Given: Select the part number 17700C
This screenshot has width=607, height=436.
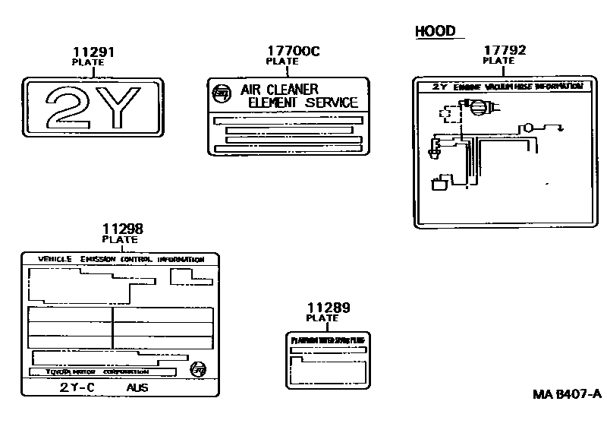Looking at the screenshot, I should (293, 51).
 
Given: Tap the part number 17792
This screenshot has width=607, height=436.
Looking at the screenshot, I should (505, 50).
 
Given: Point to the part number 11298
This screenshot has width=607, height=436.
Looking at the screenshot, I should (122, 228).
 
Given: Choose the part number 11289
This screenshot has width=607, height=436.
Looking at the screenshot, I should (329, 308).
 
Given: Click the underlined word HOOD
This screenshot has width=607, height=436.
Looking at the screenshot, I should (436, 31).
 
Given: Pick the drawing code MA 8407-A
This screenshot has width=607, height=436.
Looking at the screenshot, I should (566, 393).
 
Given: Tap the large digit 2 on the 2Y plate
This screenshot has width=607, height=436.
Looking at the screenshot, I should (68, 106).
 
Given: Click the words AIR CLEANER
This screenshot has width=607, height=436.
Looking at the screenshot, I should (279, 90).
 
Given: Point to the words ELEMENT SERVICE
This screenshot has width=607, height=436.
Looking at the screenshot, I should (303, 102).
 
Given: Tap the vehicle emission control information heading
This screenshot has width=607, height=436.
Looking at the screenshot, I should (121, 259).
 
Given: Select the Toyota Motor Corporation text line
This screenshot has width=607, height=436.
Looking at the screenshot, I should (96, 372).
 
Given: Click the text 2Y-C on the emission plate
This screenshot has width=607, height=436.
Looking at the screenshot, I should (77, 387).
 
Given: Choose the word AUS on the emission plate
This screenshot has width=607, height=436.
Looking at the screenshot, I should (138, 387).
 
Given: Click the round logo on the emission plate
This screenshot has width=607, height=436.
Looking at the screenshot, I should (198, 370).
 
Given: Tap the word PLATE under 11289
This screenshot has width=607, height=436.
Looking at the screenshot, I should (322, 318).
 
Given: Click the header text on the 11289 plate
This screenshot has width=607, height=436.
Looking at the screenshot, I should (329, 340).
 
